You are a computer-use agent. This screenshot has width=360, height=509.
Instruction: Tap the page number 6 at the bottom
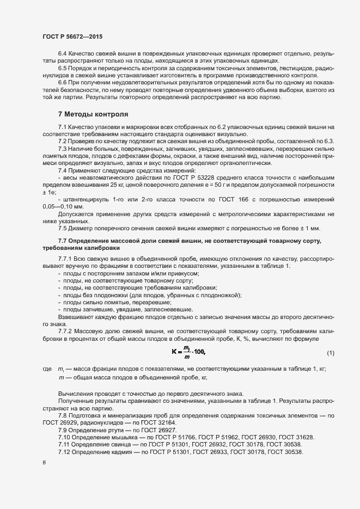pyautogui.click(x=44, y=462)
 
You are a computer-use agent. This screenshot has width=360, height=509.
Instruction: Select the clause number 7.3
pyautogui.click(x=63, y=149)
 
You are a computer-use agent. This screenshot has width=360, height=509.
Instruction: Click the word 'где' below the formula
pyautogui.click(x=47, y=369)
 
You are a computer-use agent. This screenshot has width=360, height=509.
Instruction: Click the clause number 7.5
pyautogui.click(x=63, y=228)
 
